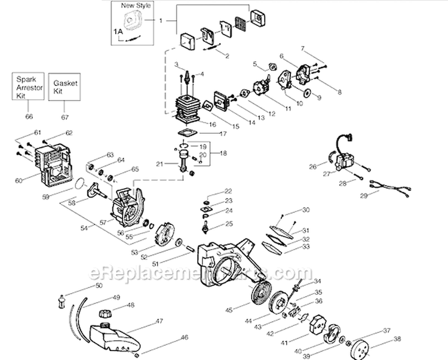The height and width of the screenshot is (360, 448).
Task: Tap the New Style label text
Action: click(136, 6)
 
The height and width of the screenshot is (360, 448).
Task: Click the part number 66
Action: click(29, 116)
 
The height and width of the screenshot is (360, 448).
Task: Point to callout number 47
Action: click(159, 321)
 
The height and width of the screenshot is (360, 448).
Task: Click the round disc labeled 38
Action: click(361, 347)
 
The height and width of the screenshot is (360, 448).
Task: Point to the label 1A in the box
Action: click(118, 29)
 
